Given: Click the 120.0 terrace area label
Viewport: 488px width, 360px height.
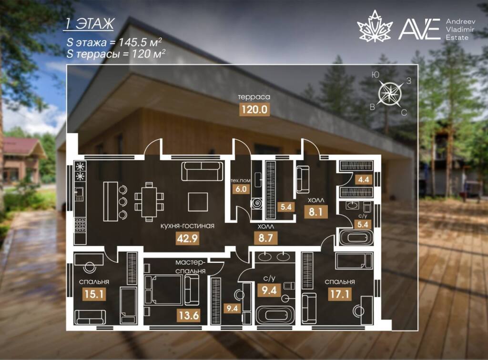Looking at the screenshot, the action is coord(254,110).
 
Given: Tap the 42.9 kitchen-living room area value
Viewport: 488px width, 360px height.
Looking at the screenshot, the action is coord(187,238).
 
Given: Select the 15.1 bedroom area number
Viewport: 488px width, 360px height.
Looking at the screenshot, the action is coord(94,294).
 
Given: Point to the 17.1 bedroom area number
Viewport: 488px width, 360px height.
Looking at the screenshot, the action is coord(339,294).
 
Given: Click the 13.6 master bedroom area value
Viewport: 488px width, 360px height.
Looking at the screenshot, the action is coord(189,316).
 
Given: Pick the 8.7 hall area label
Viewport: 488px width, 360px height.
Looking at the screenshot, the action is coord(265,238).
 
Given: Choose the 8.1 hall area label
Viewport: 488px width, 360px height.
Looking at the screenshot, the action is coord(315,212).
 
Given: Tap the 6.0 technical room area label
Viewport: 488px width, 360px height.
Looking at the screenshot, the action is coord(241,189).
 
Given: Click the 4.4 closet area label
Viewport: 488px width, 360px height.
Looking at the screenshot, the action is coord(364,180).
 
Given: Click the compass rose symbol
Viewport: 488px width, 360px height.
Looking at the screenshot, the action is coord(390,93).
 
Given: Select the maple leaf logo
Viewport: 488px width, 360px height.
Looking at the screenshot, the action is coord(375,26).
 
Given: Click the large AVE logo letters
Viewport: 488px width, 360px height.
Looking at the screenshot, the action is coord(419,29).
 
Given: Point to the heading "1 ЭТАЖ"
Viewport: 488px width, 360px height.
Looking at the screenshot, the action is coord(89,24).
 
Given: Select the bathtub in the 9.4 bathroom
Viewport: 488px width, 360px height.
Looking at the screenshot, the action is coord(274,315).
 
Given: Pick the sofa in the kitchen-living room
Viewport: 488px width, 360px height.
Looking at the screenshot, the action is coord(202,170).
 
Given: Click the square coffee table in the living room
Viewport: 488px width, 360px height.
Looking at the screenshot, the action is coord(198,202).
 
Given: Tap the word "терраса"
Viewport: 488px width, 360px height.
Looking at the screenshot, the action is coord(254,97).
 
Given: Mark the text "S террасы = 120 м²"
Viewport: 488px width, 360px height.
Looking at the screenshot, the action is coord(116,53).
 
